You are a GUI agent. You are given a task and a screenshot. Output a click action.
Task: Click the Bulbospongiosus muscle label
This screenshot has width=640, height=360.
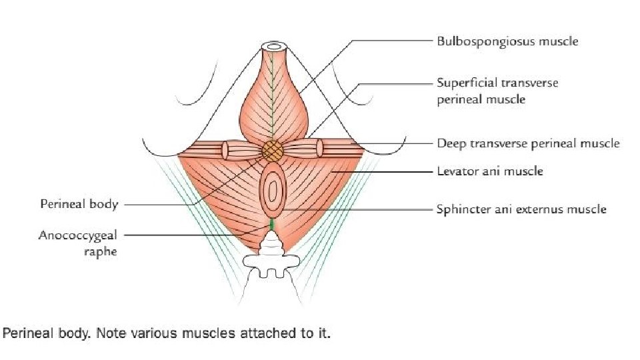tap(507, 41)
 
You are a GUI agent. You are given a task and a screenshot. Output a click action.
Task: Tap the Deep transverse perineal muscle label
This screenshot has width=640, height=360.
tap(528, 143)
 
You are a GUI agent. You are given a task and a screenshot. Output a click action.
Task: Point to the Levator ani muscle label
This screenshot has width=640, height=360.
tap(489, 171)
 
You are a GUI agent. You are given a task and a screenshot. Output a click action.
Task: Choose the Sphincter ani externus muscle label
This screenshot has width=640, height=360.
tap(521, 209)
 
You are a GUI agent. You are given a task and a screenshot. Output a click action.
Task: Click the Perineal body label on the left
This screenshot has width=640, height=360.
tap(79, 204)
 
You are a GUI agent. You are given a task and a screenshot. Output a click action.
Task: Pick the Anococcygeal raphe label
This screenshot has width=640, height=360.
tap(78, 243)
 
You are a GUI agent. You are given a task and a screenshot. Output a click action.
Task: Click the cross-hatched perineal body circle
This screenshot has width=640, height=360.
tap(271, 150)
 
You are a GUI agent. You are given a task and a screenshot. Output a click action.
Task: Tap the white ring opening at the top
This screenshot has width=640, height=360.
tap(273, 47)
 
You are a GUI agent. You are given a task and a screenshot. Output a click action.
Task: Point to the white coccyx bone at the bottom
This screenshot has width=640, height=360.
tap(272, 267)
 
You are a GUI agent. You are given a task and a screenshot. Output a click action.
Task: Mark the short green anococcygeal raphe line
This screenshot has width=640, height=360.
tap(272, 227)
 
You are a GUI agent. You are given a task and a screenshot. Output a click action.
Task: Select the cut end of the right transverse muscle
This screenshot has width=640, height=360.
tap(319, 147)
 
